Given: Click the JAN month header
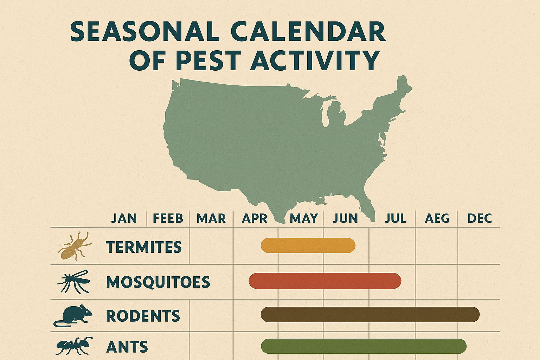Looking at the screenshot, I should (x=124, y=218).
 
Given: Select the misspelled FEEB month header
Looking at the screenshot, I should (x=168, y=218).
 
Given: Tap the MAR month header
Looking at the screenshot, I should (x=211, y=218).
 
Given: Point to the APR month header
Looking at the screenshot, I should (x=255, y=218).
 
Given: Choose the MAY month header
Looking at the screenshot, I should (x=304, y=218).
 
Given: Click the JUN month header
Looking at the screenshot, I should (x=345, y=218).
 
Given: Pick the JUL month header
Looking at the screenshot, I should (x=396, y=218).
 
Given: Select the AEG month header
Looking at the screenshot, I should (x=437, y=218).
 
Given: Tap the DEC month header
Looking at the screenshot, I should (x=479, y=218).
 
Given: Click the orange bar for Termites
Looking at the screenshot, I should (x=308, y=245).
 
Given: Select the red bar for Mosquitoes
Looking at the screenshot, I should (x=325, y=281).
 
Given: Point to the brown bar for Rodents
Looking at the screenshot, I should (x=370, y=314).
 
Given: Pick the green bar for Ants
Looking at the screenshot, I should (x=364, y=346).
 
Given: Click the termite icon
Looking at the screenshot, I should (x=74, y=246).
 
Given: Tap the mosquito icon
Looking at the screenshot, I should (x=74, y=281).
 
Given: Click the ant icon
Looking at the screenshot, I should (x=74, y=346).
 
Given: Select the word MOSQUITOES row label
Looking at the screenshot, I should (x=158, y=282).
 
